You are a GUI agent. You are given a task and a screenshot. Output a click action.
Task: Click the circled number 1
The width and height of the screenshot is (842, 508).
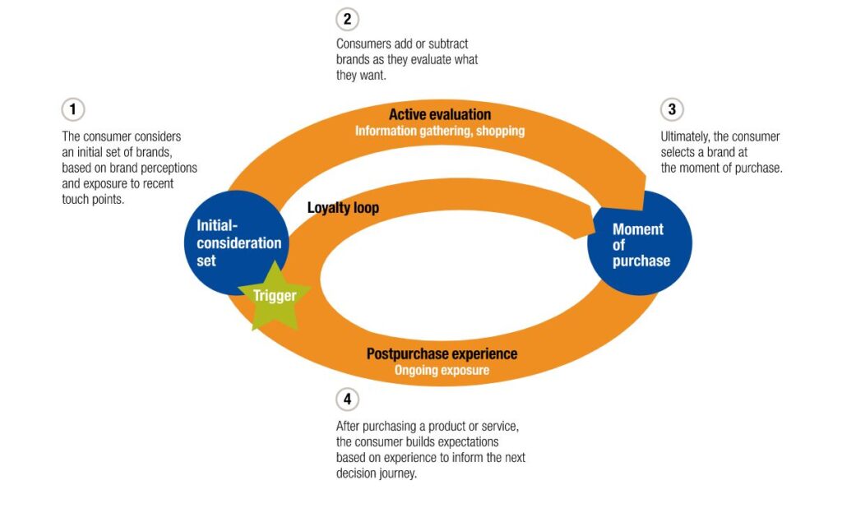(x=73, y=109)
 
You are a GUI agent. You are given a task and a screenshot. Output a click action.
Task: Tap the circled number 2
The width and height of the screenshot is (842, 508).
(x=348, y=20)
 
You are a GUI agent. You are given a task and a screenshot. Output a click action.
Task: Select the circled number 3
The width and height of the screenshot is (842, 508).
(x=672, y=109)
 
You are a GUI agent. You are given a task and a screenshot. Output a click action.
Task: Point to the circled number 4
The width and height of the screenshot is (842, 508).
(x=348, y=399)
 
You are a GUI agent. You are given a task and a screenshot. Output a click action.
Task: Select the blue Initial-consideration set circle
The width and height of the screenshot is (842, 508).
(x=236, y=242)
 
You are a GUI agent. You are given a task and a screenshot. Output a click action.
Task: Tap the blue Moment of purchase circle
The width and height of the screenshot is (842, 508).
(x=640, y=242)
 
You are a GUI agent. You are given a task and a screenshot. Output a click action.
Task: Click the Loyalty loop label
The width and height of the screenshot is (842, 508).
(x=343, y=208)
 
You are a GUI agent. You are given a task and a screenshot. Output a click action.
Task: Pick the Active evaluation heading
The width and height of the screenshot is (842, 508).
(x=440, y=114)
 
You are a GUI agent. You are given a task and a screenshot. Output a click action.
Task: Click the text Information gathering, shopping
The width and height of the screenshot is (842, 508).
(x=440, y=131)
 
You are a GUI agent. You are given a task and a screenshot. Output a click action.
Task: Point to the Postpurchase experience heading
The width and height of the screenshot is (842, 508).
(x=442, y=354)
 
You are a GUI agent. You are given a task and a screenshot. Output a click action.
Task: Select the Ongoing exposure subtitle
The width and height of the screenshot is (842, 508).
(x=442, y=370)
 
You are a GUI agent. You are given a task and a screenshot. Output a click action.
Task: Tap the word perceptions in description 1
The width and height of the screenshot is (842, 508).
(x=169, y=168)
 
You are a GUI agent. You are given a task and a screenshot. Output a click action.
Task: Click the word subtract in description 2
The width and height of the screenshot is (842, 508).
(x=448, y=44)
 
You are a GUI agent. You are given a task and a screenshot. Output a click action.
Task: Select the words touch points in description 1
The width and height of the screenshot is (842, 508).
(x=93, y=199)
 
